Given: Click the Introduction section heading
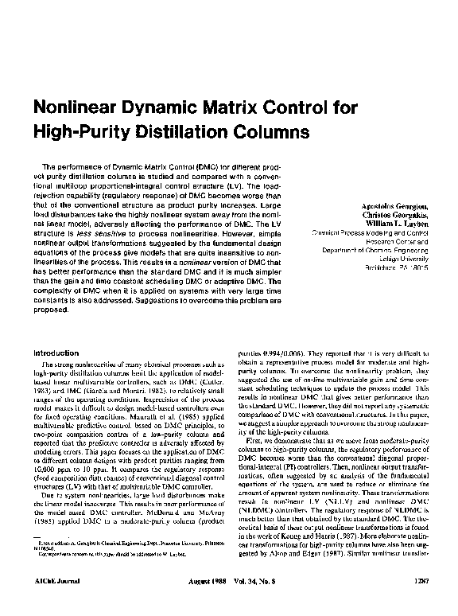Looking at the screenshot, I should click(x=52, y=352).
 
